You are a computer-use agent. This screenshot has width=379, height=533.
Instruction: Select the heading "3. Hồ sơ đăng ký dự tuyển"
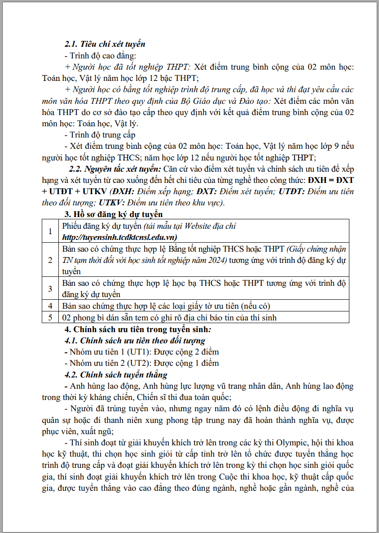click(114, 214)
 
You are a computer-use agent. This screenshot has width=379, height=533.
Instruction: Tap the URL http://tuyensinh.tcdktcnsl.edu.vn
click(119, 237)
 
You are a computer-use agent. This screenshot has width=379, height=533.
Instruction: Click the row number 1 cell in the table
click(50, 231)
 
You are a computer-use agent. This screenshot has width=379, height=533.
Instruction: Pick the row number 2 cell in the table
click(50, 260)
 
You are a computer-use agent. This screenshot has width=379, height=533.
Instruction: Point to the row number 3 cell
click(50, 289)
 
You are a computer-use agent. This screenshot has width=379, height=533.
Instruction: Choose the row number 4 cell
click(50, 306)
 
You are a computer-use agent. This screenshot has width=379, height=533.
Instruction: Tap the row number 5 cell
click(50, 317)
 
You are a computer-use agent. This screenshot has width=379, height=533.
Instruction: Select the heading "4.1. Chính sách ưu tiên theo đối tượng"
click(135, 341)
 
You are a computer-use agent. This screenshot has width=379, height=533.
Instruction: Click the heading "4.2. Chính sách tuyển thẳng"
click(116, 374)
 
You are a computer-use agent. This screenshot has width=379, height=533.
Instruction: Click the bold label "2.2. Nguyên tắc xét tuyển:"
click(115, 169)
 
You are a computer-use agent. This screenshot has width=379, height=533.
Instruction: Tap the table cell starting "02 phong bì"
click(169, 317)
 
